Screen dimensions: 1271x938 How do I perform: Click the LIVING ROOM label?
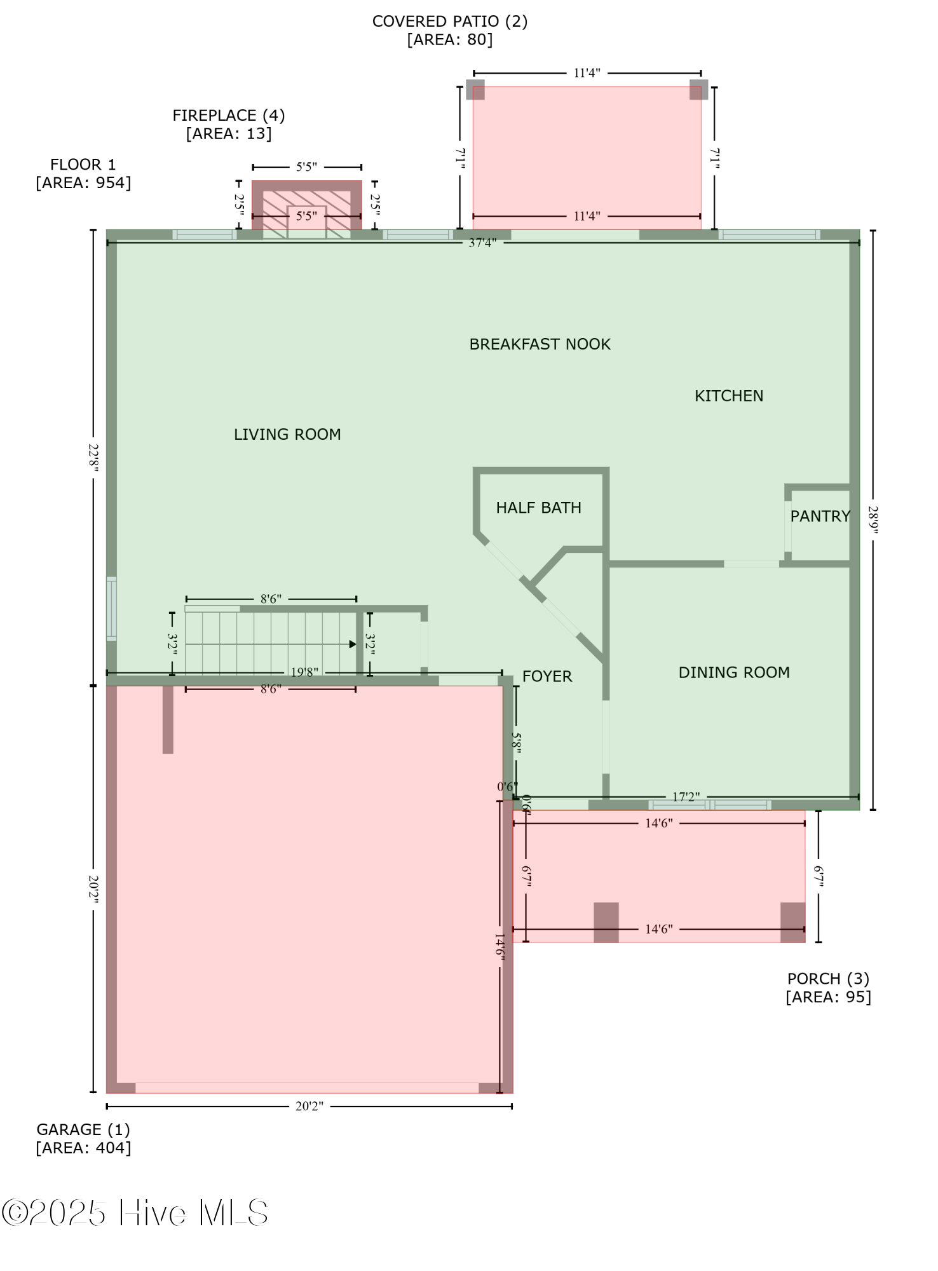(287, 435)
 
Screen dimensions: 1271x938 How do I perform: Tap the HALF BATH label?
(538, 508)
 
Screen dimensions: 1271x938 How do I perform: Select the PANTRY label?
(820, 516)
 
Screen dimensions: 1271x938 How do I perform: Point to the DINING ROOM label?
(734, 672)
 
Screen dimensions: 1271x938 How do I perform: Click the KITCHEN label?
(728, 396)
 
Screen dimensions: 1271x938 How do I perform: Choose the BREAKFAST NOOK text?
(540, 344)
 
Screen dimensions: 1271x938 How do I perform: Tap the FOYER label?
(547, 676)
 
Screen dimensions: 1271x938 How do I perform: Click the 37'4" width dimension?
(482, 243)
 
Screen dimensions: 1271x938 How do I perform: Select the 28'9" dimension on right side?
(873, 520)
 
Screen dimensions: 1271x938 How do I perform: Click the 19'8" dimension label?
(304, 672)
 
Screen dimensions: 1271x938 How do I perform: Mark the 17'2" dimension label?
(686, 797)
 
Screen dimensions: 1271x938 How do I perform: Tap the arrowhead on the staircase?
(353, 644)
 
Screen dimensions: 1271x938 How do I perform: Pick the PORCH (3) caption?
(828, 979)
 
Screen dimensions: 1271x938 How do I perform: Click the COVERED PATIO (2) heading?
(449, 22)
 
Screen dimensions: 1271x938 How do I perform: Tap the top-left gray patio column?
(475, 90)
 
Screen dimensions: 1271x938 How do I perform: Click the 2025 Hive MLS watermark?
(135, 1213)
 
